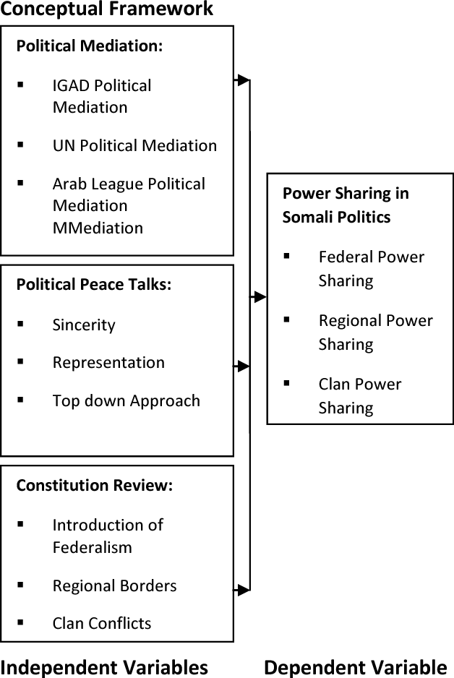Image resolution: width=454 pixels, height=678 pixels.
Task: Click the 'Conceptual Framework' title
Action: click(x=107, y=9)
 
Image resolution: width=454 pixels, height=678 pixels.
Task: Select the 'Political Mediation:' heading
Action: click(x=90, y=46)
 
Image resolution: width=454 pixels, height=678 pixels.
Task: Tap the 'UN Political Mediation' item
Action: click(x=134, y=145)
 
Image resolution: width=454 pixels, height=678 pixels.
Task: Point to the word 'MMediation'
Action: click(x=98, y=228)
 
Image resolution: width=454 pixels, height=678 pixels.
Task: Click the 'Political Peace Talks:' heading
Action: click(x=94, y=284)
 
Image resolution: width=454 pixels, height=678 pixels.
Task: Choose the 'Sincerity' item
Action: click(x=84, y=325)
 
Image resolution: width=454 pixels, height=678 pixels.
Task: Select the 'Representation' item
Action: click(x=108, y=363)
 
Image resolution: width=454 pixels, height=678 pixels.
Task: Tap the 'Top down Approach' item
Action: click(x=126, y=401)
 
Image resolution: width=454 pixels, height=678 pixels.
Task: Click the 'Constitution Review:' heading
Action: click(x=95, y=486)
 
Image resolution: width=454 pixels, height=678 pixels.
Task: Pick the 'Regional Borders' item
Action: click(x=114, y=585)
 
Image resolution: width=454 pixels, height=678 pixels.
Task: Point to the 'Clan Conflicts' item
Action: click(x=102, y=623)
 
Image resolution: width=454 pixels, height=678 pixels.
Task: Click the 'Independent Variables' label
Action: click(x=104, y=666)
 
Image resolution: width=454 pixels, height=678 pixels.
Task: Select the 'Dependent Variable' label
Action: click(x=355, y=666)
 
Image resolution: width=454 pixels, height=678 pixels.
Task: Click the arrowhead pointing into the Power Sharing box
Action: click(x=261, y=296)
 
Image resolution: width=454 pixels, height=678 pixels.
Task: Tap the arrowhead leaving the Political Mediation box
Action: click(x=244, y=80)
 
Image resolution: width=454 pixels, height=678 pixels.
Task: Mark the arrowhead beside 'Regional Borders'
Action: click(x=244, y=591)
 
